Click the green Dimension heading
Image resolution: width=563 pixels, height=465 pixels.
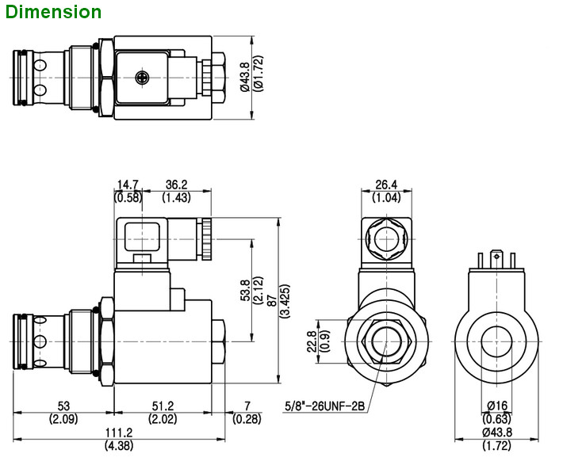[x=52, y=12]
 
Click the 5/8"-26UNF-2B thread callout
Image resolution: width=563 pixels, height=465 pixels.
[x=324, y=407]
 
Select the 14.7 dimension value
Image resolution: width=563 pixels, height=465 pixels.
[x=127, y=185]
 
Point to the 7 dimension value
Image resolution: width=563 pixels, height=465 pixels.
[x=247, y=406]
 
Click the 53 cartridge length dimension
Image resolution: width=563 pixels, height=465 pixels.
[x=63, y=406]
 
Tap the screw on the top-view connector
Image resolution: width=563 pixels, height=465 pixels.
[x=143, y=78]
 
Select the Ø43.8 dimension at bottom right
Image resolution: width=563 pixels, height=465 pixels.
[x=497, y=433]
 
